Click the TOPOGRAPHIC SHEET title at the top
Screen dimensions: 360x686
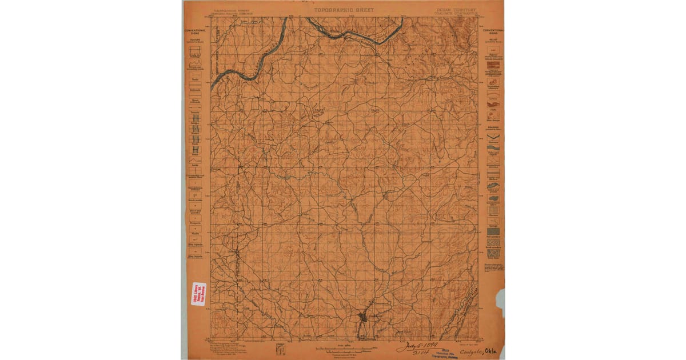(344, 10)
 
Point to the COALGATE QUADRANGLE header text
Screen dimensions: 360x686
(456, 14)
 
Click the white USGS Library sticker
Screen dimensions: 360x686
(198, 294)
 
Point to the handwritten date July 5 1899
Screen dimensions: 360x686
(413, 347)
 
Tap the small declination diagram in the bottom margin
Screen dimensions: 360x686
(280, 349)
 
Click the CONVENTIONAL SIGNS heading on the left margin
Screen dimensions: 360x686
(195, 32)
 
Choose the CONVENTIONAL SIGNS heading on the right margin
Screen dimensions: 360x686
(492, 32)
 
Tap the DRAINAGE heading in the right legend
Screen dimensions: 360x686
(492, 127)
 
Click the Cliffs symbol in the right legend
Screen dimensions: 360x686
(493, 114)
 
